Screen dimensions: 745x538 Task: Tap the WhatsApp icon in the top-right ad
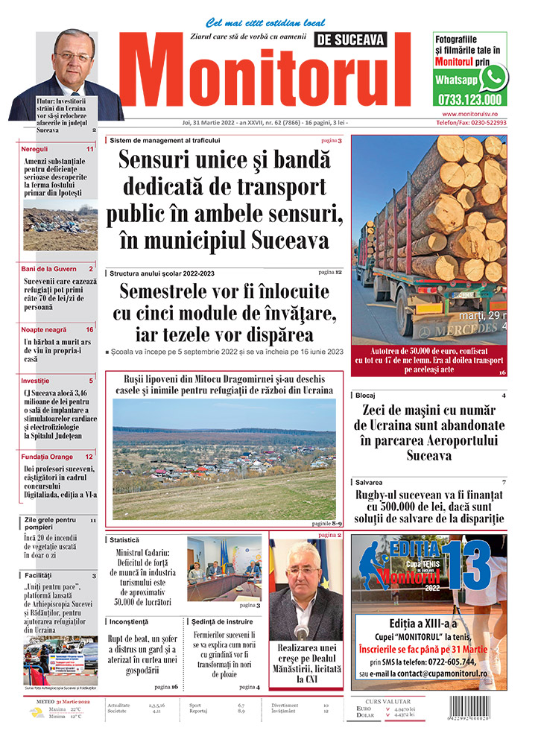coord(494,77)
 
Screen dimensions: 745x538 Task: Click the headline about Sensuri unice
coord(224,200)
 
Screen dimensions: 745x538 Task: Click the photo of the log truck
coord(428,238)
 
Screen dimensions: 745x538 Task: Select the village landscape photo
coord(224,458)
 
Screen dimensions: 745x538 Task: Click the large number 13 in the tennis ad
coord(469,564)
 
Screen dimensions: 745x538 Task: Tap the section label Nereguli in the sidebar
coord(36,149)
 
